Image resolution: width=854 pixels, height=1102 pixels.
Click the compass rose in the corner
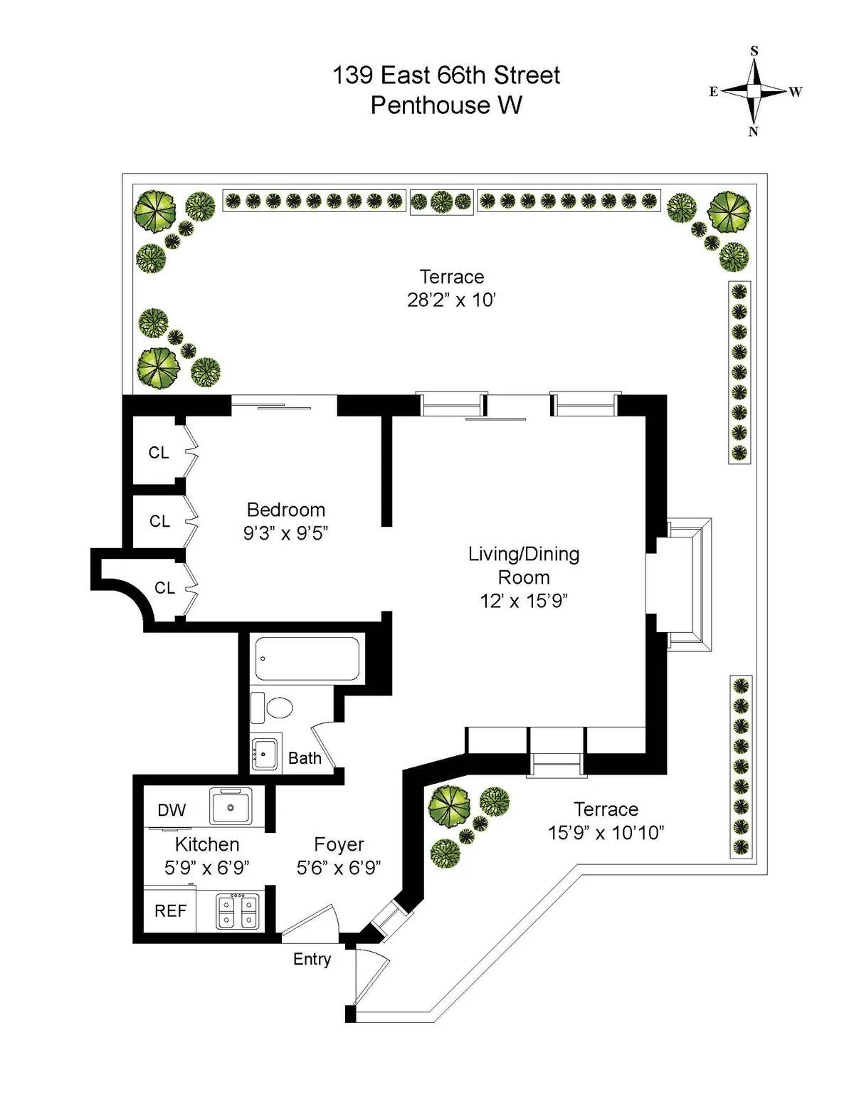pos(754,91)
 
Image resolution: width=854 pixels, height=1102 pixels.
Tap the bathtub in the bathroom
pos(307,658)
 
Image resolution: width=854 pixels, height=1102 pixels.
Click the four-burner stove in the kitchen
pos(238,911)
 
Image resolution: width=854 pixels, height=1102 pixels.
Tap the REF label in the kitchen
pos(170,911)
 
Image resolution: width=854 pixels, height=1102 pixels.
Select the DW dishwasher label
pos(172,810)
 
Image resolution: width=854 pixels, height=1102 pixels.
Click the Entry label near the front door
pos(312,959)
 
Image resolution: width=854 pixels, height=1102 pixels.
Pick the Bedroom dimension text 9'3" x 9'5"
pos(285,533)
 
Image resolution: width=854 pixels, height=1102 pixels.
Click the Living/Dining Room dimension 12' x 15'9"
pos(523,601)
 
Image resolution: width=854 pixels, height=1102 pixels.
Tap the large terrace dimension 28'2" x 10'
pos(451,300)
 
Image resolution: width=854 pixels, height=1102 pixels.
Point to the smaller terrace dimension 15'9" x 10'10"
pos(606,832)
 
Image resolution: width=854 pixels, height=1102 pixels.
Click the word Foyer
pos(339,845)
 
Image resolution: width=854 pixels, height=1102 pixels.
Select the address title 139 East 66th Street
pos(446,75)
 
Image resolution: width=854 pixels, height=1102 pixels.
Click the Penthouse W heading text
pos(446,105)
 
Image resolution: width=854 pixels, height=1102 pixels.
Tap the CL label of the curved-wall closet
pos(164,588)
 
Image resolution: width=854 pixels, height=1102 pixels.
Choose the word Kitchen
pos(207,845)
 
